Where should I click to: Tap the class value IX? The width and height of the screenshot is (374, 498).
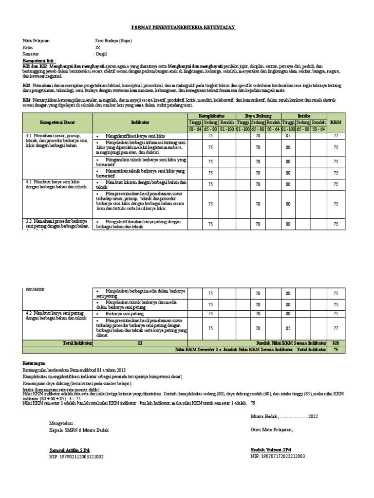point(97,48)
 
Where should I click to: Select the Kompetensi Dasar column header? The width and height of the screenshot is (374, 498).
point(58,122)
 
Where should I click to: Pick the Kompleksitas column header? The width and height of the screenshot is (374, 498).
point(211,115)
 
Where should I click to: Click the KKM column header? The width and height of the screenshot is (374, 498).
point(336,122)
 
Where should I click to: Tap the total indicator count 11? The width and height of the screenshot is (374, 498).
point(140,343)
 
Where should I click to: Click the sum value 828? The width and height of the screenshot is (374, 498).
point(336,343)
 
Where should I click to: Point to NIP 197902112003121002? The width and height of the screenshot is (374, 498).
point(76,457)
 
